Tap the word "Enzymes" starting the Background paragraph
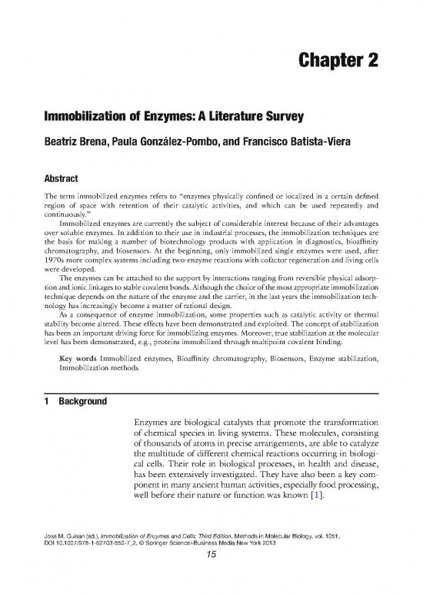point(155,423)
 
